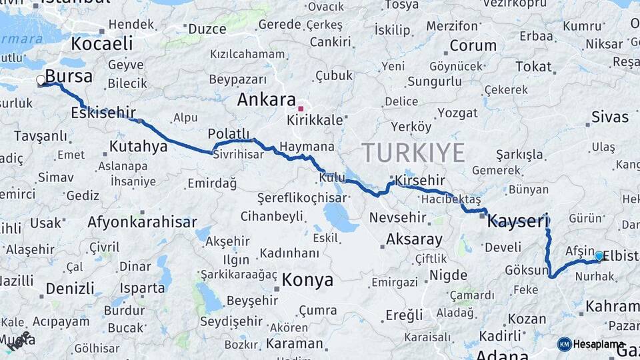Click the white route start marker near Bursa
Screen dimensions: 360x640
click(x=41, y=81)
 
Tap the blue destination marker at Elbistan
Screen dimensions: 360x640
click(x=599, y=256)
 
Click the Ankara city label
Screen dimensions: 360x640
click(x=267, y=100)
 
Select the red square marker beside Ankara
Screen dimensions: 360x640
click(x=301, y=108)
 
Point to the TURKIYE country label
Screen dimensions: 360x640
click(x=413, y=153)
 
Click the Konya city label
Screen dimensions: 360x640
click(x=307, y=279)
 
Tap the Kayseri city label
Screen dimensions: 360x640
click(x=517, y=221)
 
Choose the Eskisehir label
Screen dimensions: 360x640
click(x=103, y=112)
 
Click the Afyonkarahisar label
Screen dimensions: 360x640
click(x=142, y=222)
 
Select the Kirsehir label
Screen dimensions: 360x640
click(x=419, y=181)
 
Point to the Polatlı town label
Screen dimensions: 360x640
click(x=228, y=133)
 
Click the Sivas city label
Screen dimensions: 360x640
click(x=609, y=117)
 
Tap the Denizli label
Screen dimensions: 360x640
click(x=70, y=289)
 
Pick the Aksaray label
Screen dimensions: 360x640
click(x=414, y=239)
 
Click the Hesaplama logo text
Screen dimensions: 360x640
click(x=599, y=344)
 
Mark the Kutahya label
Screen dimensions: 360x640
click(x=138, y=146)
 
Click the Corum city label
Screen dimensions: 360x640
click(x=473, y=46)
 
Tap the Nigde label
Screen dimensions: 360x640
click(x=449, y=275)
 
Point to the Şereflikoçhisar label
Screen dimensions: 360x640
click(x=302, y=198)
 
